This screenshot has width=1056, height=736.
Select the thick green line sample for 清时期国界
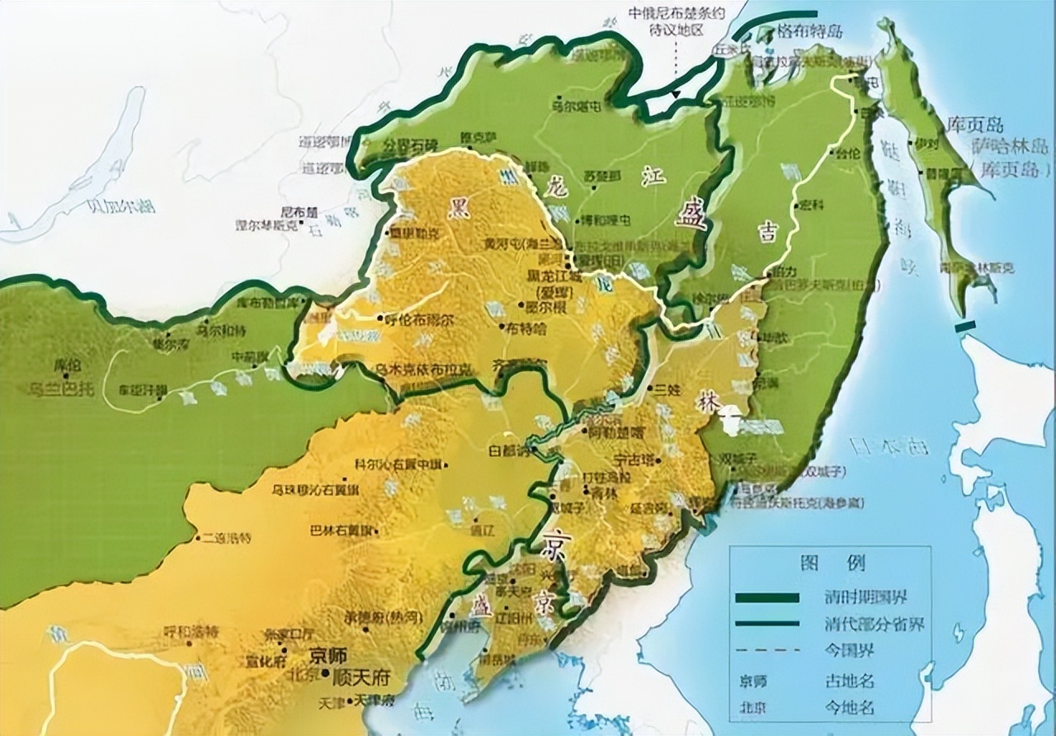[x=766, y=597]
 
